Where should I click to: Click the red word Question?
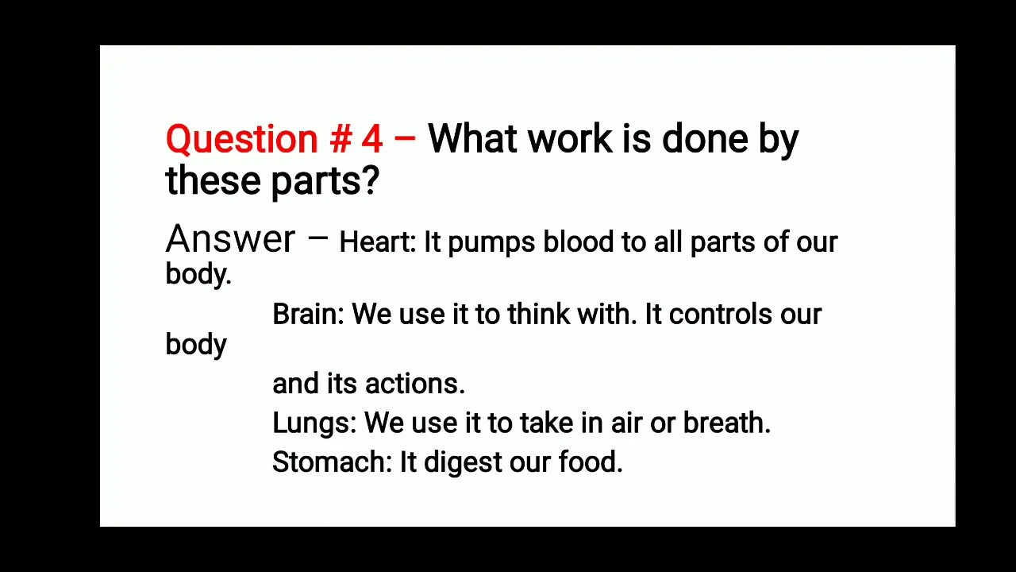[x=241, y=140]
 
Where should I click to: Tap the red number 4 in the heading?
[x=371, y=140]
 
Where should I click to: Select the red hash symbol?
[x=340, y=140]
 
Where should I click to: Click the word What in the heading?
[x=474, y=140]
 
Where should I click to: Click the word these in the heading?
[x=214, y=181]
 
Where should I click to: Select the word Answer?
[x=230, y=239]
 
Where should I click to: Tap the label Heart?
[x=377, y=242]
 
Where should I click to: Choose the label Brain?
[x=308, y=315]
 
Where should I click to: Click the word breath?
[x=725, y=423]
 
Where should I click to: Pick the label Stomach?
[x=332, y=462]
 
